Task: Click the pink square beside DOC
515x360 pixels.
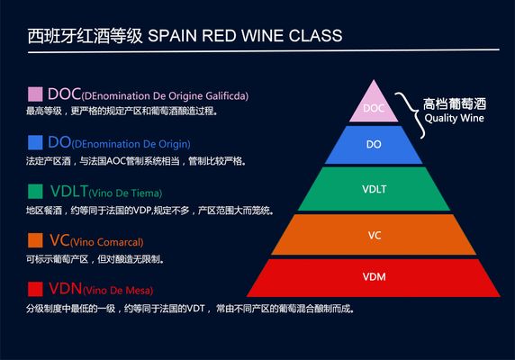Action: point(35,94)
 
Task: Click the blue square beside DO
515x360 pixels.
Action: point(35,142)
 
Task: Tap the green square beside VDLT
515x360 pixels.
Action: point(35,191)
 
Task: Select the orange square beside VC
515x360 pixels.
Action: point(35,240)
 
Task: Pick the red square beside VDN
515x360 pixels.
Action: point(35,289)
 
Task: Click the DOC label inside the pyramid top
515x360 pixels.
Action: point(373,110)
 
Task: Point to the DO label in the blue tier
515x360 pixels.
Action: point(374,144)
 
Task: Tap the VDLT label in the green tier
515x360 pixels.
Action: point(374,191)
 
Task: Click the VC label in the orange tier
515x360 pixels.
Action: point(375,236)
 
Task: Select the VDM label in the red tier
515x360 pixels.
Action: point(374,275)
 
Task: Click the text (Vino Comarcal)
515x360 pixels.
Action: point(107,241)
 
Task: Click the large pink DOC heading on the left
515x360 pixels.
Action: point(64,93)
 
